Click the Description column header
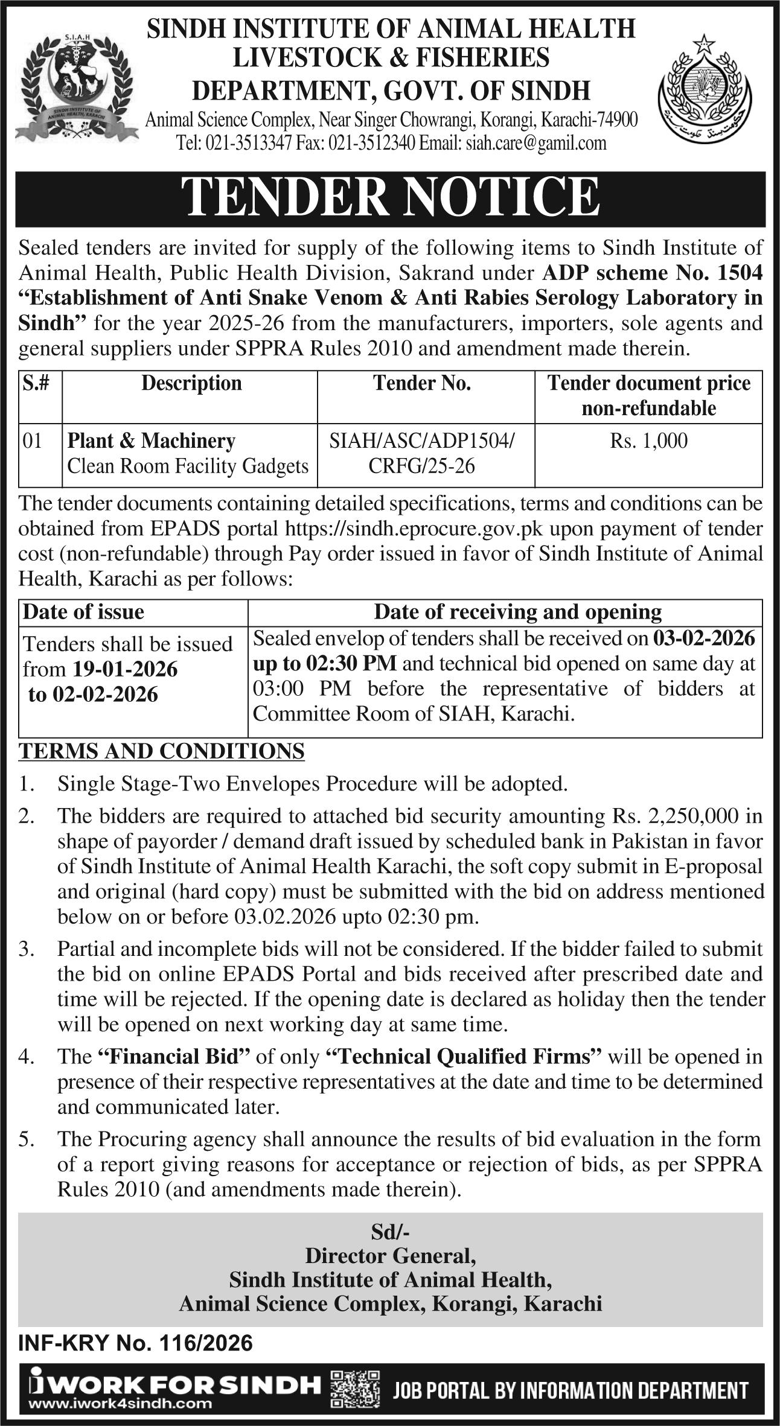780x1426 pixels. (191, 384)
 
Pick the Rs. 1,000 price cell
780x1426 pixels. (648, 441)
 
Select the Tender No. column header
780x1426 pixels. (422, 384)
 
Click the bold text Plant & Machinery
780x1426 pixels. (151, 441)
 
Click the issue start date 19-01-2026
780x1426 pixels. (126, 669)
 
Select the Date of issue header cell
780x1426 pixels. (83, 612)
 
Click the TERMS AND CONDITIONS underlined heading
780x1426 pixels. (162, 751)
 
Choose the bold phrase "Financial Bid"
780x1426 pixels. (173, 1056)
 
